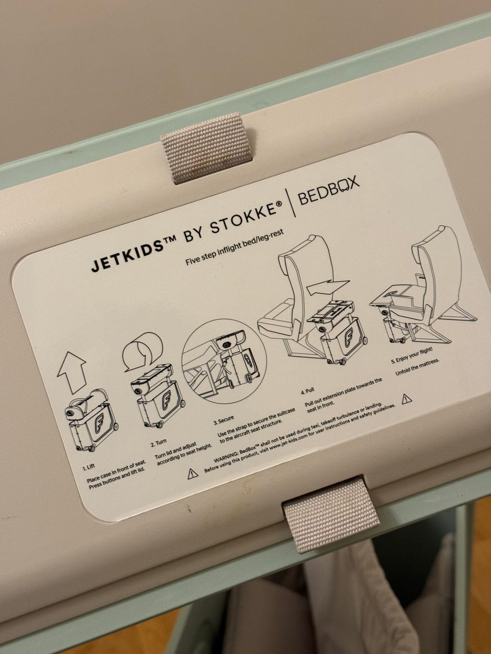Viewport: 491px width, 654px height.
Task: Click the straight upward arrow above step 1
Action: (72, 372)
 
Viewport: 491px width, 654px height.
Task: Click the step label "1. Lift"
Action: (89, 466)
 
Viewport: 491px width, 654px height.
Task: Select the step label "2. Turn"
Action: (159, 443)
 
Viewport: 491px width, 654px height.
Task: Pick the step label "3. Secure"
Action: (224, 421)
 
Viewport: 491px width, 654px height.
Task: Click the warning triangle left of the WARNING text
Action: (193, 473)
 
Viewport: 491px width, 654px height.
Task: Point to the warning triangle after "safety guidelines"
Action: (407, 399)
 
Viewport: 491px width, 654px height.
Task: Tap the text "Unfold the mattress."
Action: (417, 367)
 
